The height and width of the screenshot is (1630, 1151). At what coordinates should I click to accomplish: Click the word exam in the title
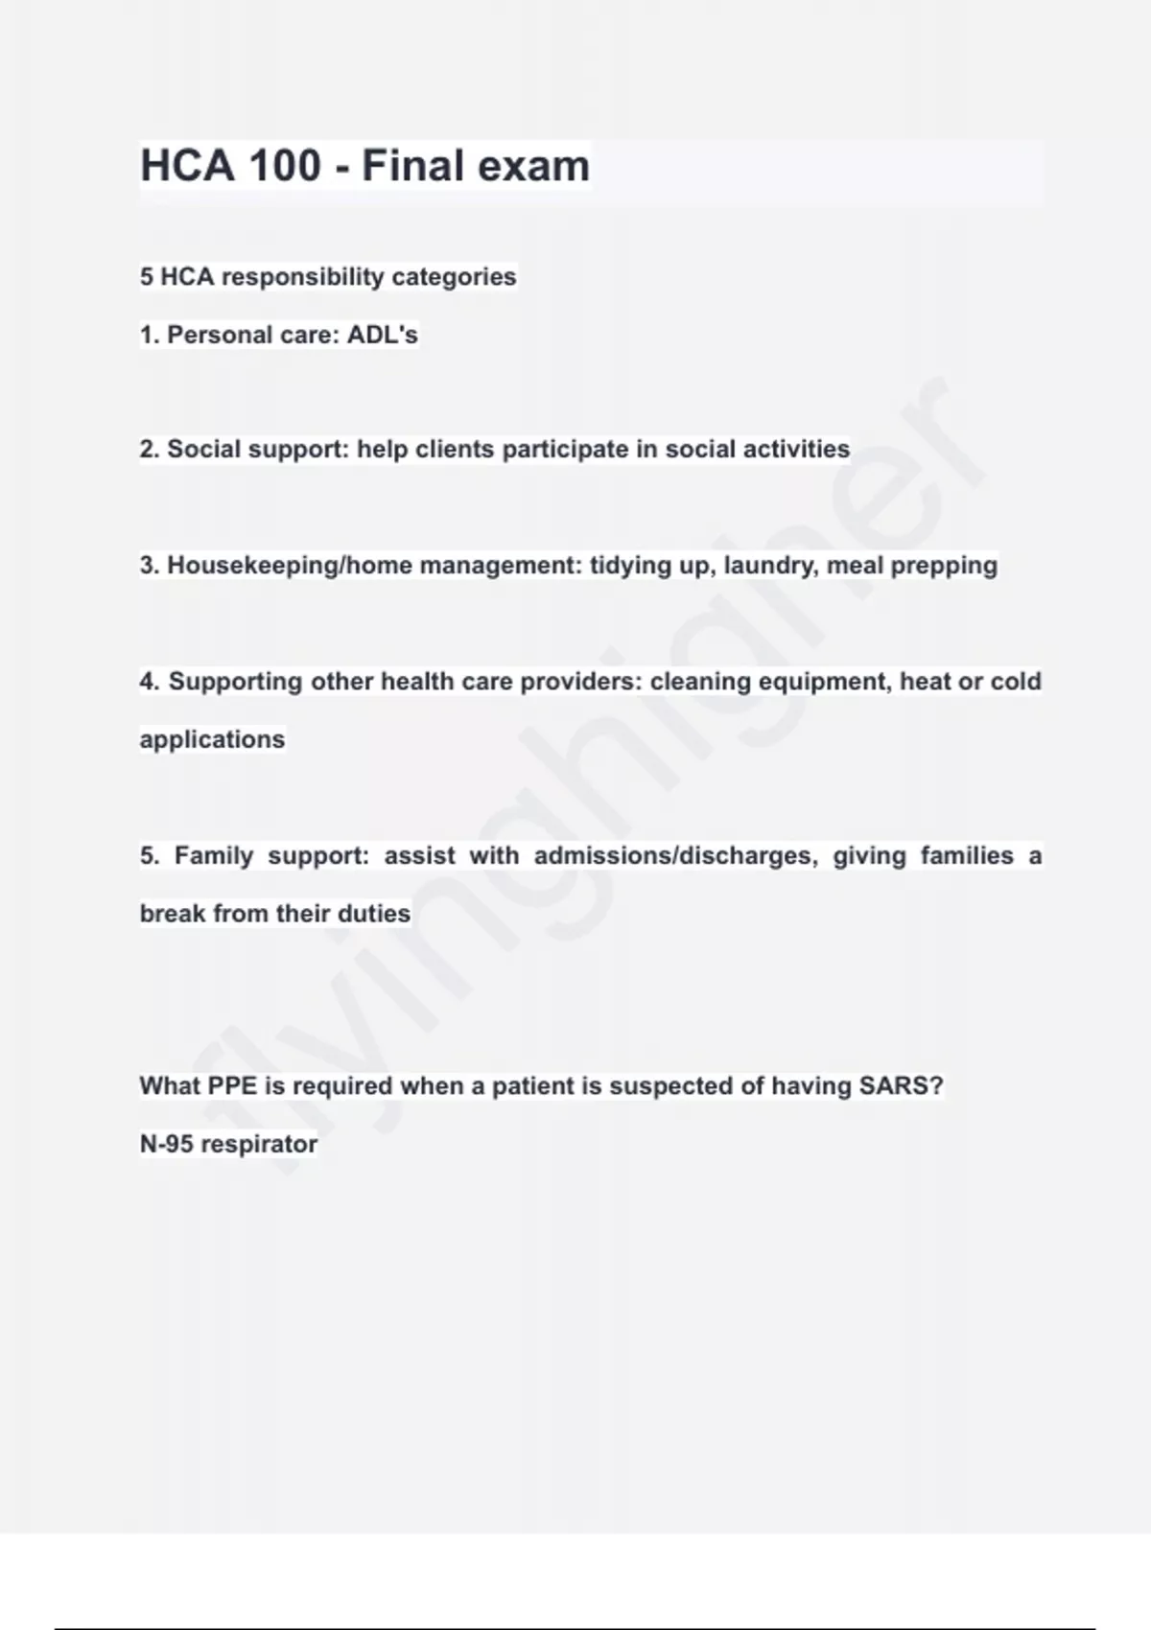(533, 166)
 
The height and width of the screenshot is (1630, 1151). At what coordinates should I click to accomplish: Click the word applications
(212, 739)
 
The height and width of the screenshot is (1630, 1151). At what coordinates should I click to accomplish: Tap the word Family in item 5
(214, 855)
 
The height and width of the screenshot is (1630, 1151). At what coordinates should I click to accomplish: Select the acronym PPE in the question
(232, 1086)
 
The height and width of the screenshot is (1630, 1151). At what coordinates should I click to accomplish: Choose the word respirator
(259, 1145)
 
